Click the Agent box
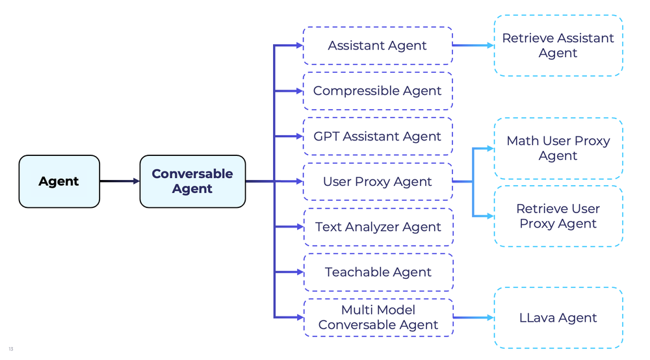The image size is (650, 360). [59, 181]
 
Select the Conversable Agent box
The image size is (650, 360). [192, 181]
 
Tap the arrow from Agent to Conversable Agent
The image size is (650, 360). [120, 181]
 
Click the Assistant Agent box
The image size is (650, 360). [378, 45]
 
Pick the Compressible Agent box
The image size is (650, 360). [378, 91]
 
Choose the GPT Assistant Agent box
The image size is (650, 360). [378, 136]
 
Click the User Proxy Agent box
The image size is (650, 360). [378, 181]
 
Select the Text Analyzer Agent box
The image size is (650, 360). [378, 227]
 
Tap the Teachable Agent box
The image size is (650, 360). [378, 272]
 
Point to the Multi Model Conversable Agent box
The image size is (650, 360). [378, 318]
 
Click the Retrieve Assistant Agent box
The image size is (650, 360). [558, 45]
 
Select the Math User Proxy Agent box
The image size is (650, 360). [558, 148]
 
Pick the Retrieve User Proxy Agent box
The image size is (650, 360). [558, 216]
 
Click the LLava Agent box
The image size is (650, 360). [558, 318]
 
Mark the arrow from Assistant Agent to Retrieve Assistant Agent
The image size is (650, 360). [473, 45]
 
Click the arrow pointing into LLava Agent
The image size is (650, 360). [473, 318]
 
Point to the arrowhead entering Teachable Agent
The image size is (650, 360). [299, 272]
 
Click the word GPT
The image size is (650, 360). [324, 136]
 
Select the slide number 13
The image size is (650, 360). [11, 350]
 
